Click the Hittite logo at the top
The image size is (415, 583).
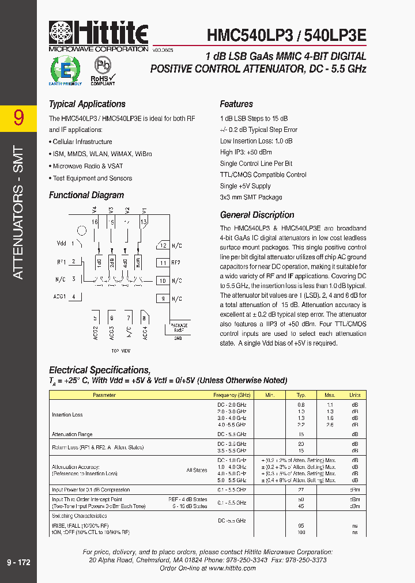98,35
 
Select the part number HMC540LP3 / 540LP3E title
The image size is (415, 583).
286,35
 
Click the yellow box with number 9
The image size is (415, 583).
18,118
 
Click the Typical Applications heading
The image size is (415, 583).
87,104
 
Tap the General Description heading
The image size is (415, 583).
257,215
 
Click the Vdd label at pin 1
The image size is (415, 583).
62,244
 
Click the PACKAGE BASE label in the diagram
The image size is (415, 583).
179,328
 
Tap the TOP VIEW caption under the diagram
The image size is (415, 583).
120,351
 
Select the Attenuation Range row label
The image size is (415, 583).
73,434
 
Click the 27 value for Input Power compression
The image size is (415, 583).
300,490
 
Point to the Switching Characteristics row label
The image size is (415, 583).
80,516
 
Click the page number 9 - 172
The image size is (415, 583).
18,562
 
